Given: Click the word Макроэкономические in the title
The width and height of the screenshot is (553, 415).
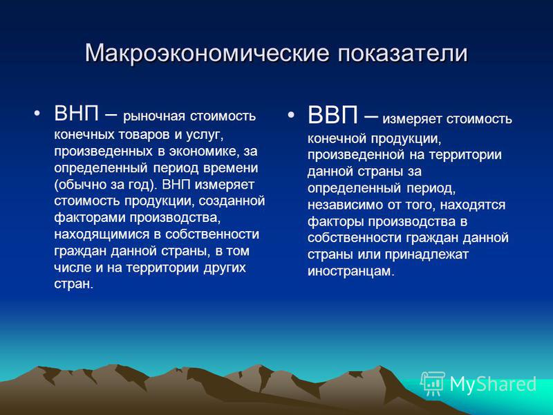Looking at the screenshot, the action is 207,53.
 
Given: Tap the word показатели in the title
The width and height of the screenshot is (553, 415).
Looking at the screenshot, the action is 403,53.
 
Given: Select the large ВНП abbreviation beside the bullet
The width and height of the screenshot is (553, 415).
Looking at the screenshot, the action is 77,113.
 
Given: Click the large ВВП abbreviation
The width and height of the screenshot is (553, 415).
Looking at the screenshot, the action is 333,115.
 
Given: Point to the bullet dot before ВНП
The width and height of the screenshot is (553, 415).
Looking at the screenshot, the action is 37,113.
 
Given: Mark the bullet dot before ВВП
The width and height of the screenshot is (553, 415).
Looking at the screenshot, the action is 290,115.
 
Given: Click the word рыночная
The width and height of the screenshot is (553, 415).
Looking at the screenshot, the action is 154,116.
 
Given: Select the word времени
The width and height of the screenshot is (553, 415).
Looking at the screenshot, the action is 230,168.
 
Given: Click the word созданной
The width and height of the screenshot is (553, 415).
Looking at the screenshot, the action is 232,201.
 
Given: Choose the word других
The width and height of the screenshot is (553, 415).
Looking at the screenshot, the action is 224,268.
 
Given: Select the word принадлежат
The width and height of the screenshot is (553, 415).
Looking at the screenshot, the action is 427,255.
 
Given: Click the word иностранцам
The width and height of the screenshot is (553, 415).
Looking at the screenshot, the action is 351,271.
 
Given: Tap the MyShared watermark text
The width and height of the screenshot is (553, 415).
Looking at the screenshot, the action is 493,384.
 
